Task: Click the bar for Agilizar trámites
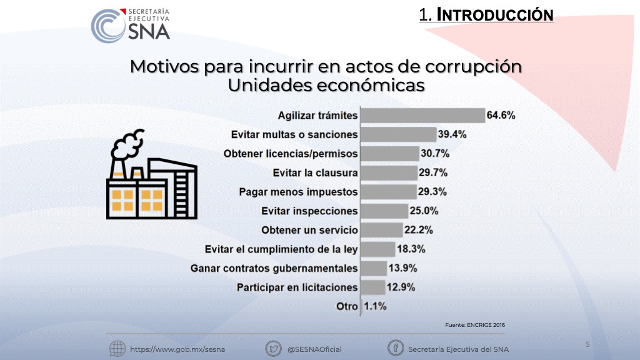[x=423, y=116]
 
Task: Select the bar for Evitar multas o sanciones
[x=399, y=135]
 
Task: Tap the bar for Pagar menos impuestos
[x=389, y=192]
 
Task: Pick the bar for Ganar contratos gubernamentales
[x=374, y=269]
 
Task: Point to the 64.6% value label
[x=501, y=116]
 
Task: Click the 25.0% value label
[x=424, y=211]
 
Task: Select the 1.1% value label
[x=375, y=306]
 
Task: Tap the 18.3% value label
[x=411, y=249]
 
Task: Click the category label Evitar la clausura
[x=315, y=173]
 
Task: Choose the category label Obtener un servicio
[x=310, y=230]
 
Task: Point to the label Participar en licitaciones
[x=297, y=287]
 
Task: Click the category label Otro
[x=347, y=306]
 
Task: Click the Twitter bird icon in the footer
[x=274, y=349]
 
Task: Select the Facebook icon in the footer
[x=396, y=348]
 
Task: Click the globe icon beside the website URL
[x=117, y=349]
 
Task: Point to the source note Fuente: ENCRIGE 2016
[x=475, y=325]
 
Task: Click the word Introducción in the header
[x=495, y=15]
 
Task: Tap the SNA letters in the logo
[x=149, y=31]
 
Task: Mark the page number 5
[x=587, y=344]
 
